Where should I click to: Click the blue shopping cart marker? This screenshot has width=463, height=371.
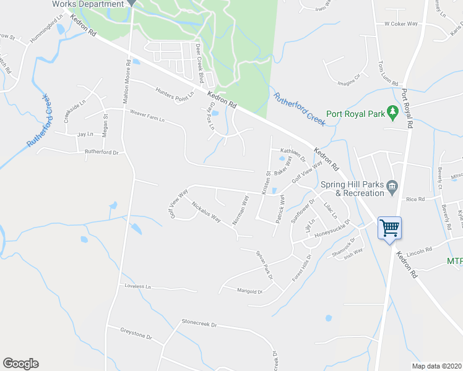click(389, 229)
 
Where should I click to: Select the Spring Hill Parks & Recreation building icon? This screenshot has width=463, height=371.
click(391, 186)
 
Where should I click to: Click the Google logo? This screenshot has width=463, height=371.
click(20, 364)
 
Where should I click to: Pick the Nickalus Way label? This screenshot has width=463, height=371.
click(206, 211)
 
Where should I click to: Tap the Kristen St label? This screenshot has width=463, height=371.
click(265, 183)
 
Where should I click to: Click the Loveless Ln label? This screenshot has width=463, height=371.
click(137, 286)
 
